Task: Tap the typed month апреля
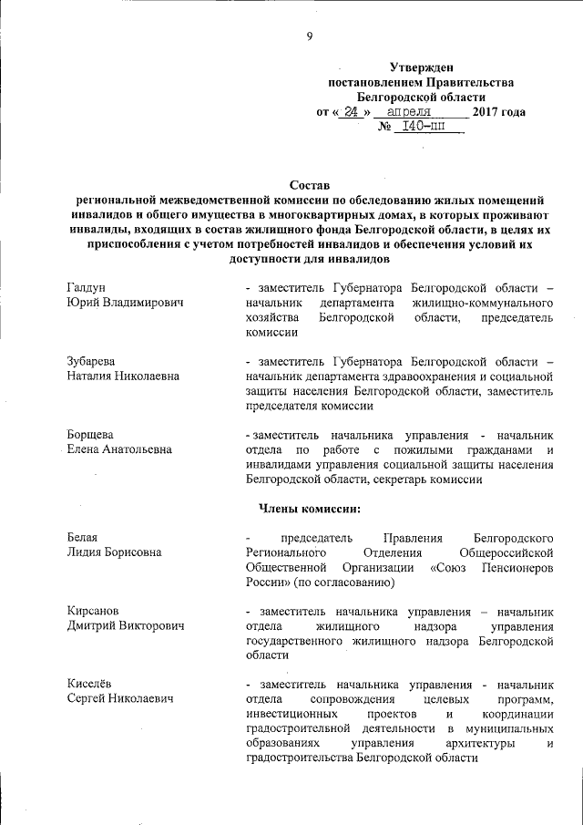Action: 407,112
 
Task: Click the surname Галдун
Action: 87,287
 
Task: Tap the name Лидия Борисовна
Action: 114,552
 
